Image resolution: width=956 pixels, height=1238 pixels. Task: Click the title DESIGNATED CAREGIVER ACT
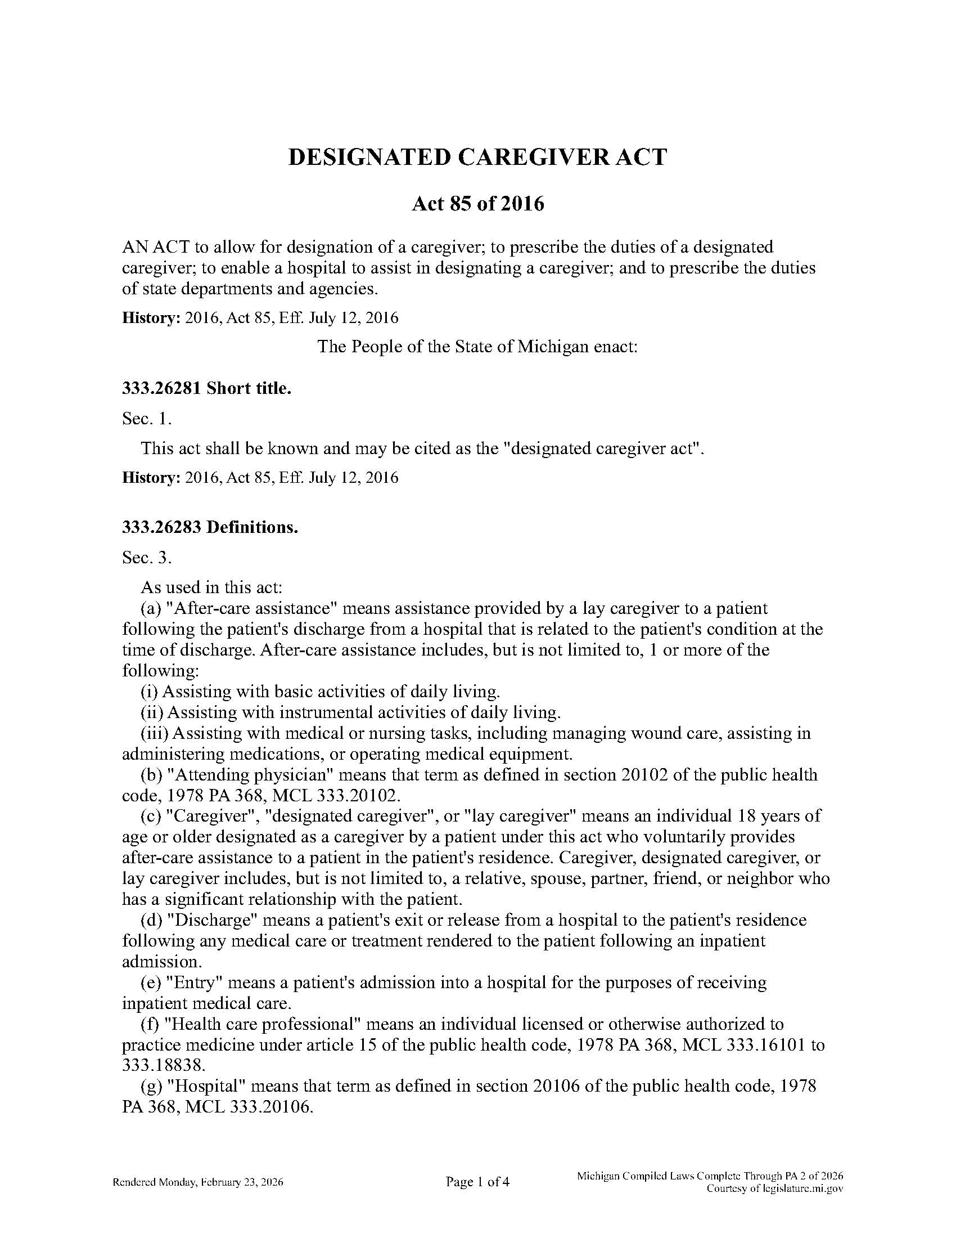[477, 157]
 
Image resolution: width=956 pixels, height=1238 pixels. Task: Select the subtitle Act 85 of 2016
[477, 203]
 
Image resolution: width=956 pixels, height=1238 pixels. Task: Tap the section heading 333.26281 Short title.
[207, 388]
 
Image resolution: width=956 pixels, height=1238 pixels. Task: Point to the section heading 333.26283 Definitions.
[210, 527]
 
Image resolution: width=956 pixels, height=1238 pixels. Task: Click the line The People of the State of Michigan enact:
[477, 346]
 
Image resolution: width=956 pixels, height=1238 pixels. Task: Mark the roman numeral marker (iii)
[154, 733]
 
